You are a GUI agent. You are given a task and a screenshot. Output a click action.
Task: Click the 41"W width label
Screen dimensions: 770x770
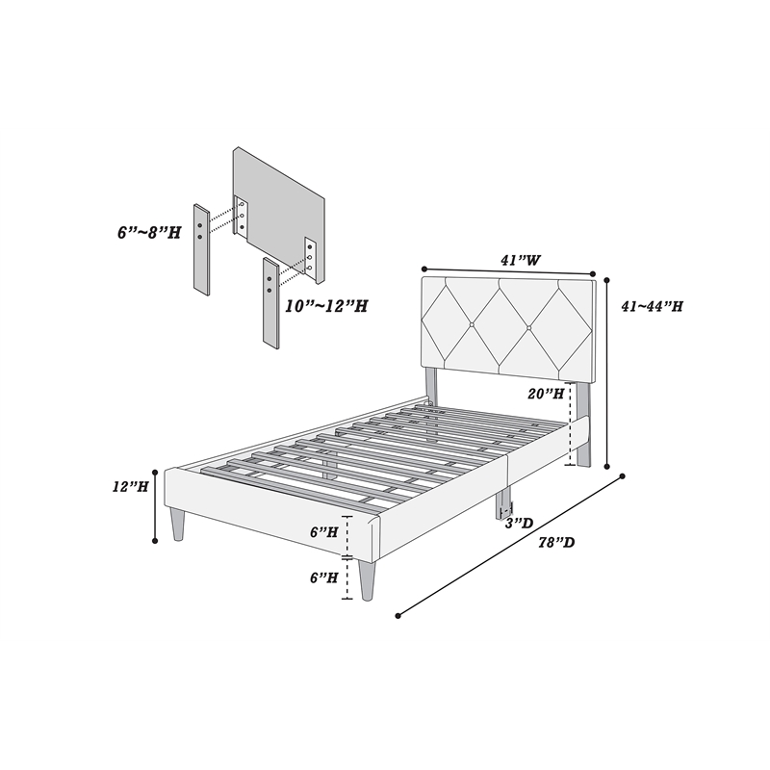[521, 260]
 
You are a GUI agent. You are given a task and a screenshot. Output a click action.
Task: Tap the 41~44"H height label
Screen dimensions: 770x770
[653, 306]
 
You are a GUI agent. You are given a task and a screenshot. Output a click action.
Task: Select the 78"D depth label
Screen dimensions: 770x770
[556, 543]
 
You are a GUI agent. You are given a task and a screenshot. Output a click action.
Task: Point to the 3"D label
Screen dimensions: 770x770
[519, 523]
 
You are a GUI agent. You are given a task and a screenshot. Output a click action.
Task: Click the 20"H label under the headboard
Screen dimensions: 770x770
[546, 394]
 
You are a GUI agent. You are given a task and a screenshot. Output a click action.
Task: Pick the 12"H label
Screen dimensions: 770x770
[130, 487]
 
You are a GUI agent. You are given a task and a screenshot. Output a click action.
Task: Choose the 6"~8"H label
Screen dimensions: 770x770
[149, 232]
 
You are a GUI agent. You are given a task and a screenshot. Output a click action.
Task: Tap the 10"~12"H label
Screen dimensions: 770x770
[326, 306]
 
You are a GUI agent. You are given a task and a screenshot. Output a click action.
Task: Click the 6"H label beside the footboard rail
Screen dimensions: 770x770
[323, 532]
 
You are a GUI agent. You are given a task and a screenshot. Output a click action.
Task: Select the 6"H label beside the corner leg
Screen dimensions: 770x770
[323, 578]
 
